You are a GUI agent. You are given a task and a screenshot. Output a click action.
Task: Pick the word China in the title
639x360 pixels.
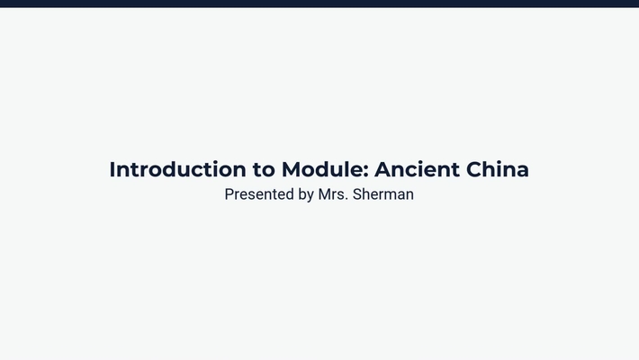click(498, 169)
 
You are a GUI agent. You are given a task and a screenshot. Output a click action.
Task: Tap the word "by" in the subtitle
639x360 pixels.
click(306, 194)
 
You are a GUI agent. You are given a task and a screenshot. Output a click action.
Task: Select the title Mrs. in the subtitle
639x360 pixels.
click(333, 193)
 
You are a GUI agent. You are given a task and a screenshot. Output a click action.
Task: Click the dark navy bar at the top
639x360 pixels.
click(319, 4)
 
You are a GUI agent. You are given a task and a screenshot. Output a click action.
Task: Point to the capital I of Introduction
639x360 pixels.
click(112, 169)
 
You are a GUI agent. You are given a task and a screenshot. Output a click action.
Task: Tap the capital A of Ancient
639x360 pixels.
click(383, 169)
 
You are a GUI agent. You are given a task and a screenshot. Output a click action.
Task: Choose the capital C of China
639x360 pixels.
click(476, 169)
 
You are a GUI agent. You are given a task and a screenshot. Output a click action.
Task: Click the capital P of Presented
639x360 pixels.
click(229, 193)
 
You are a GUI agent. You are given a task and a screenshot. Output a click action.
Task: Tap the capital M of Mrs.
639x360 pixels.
click(325, 193)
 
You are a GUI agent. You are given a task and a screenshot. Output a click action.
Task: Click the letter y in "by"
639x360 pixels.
click(310, 195)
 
